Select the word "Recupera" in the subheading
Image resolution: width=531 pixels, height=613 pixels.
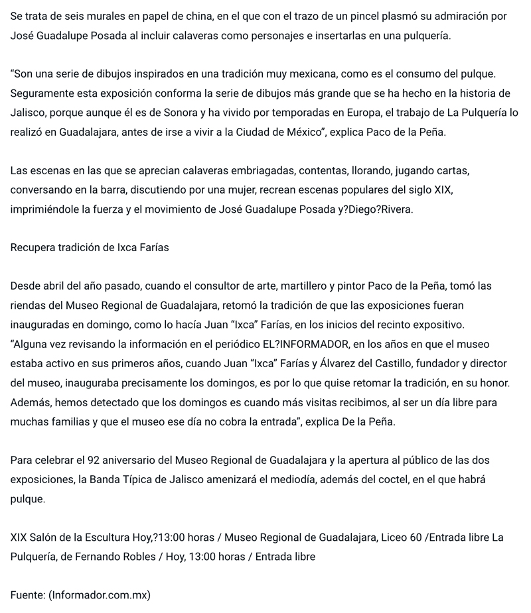point(33,248)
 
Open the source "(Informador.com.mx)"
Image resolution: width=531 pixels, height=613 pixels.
point(100,595)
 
